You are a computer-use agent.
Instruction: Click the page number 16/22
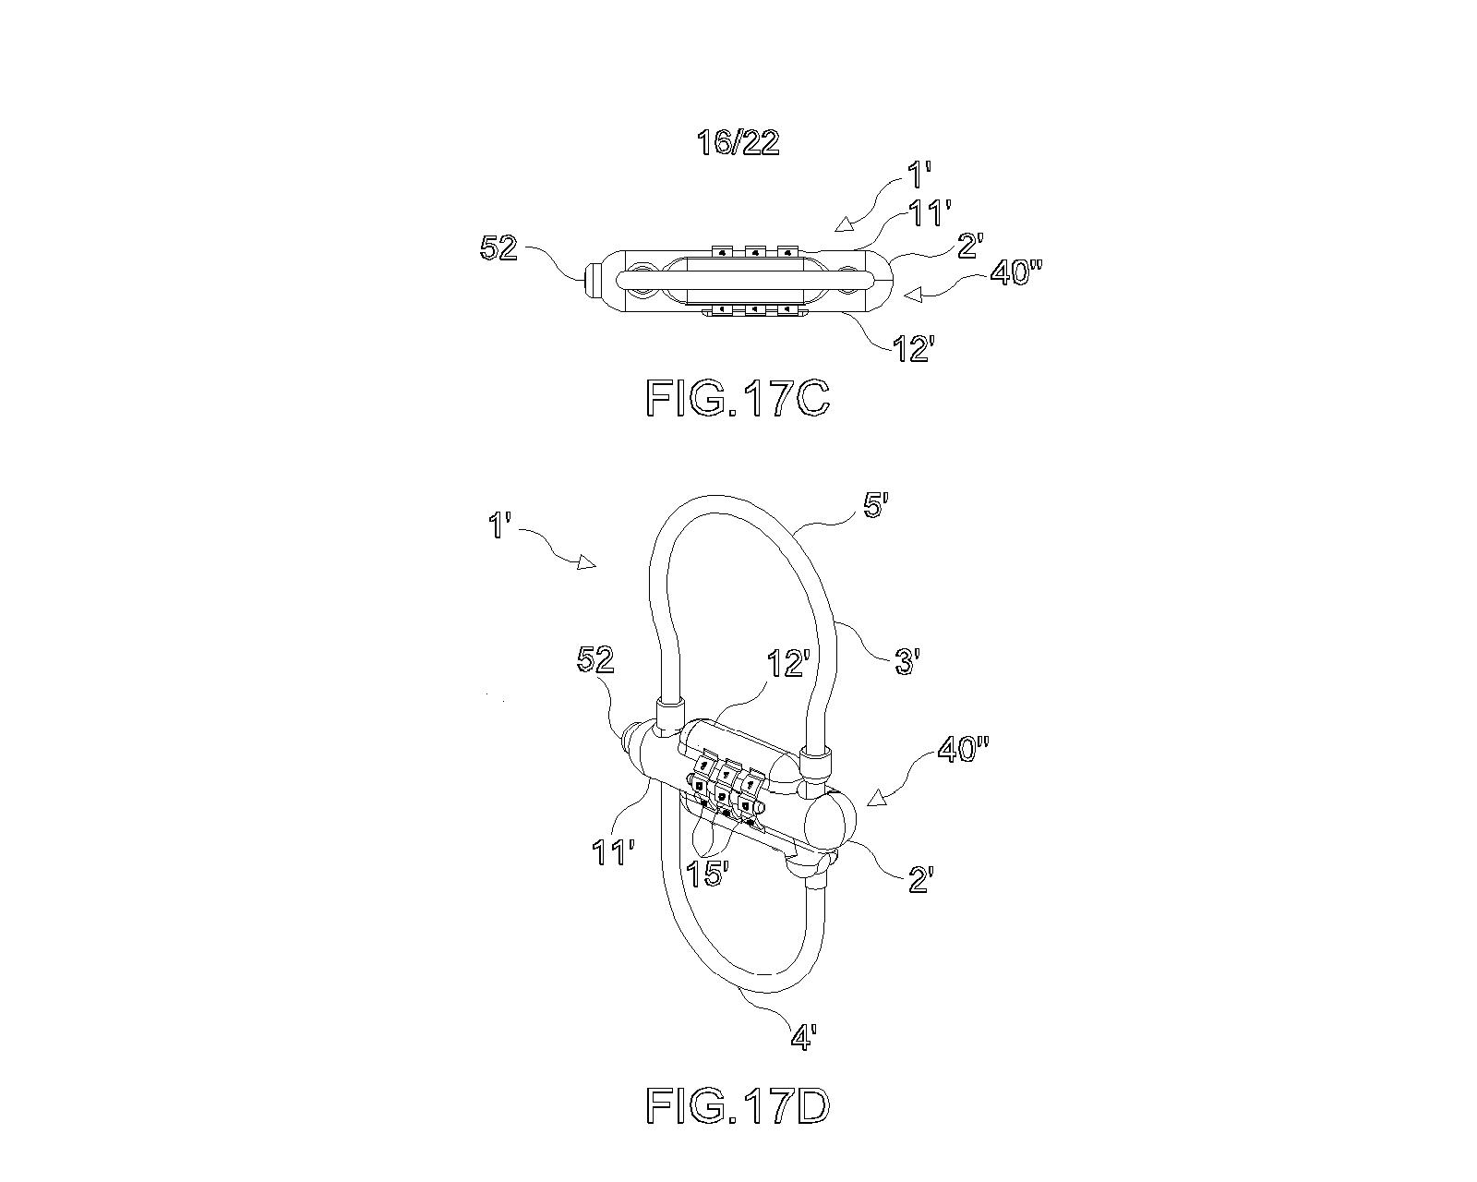point(738,143)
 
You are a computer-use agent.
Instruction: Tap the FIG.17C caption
point(738,398)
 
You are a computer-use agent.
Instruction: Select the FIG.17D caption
point(738,1105)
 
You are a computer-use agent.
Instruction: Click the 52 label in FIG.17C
point(498,247)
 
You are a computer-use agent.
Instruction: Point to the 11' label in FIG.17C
point(930,213)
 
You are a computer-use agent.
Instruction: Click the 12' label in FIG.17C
point(914,349)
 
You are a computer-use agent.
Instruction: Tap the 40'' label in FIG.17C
point(1015,272)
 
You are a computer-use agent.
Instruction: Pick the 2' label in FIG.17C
point(970,246)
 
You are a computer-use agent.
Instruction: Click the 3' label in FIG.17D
point(906,663)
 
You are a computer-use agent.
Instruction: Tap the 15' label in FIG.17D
point(707,874)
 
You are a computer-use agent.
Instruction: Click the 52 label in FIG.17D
point(595,660)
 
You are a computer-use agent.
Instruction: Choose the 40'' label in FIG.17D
point(964,749)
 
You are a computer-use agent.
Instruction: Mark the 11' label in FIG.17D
point(612,852)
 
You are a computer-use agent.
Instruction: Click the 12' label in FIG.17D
point(789,663)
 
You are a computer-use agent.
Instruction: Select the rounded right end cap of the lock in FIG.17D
point(831,819)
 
